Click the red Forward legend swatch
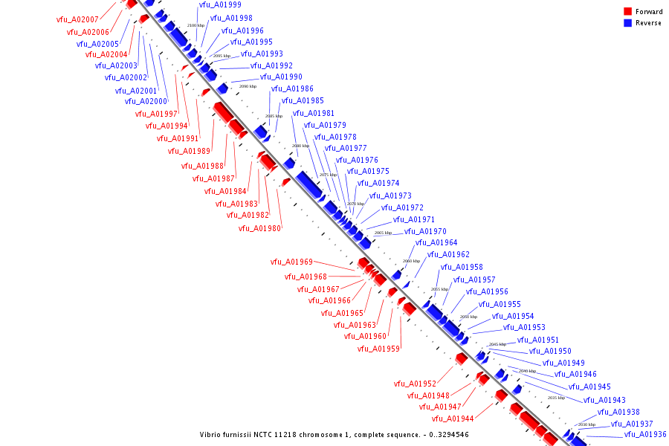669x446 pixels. click(627, 11)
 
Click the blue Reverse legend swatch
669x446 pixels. click(627, 23)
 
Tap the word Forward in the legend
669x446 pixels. click(649, 12)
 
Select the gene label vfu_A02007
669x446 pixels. click(77, 19)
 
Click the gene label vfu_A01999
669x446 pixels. click(220, 5)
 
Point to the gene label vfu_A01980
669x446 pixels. click(259, 228)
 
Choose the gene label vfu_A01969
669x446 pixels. click(291, 262)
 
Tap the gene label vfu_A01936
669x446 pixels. click(644, 434)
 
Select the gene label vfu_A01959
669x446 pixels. click(378, 349)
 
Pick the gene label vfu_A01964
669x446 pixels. click(436, 242)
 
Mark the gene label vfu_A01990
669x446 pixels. click(281, 77)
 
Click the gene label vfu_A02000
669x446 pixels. click(146, 102)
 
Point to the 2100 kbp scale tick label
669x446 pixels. click(195, 25)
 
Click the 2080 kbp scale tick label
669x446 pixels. click(300, 146)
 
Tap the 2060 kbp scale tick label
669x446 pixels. click(411, 261)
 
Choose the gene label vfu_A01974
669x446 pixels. click(378, 183)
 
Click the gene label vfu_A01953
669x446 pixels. click(524, 327)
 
